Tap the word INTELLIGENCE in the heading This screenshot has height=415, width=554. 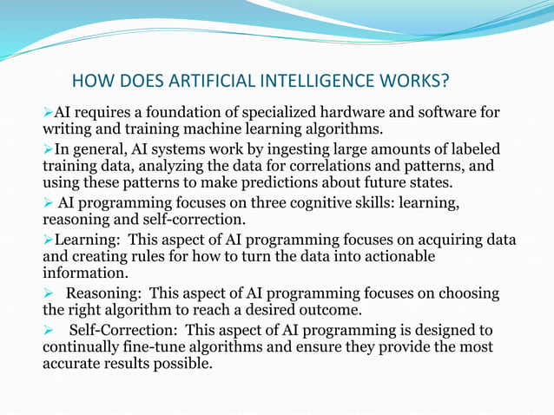[x=314, y=82]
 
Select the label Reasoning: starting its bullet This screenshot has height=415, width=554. [x=101, y=293]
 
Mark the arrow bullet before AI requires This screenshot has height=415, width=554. [x=48, y=114]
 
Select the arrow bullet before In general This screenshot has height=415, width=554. [x=48, y=150]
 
